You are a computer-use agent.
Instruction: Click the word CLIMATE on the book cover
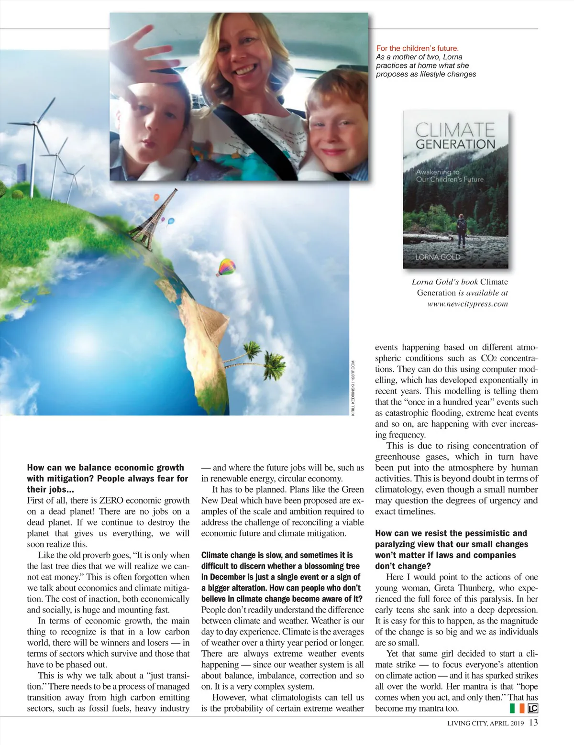(x=455, y=130)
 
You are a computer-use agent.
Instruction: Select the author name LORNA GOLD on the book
(x=438, y=257)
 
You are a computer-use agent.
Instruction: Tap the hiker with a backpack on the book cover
(x=462, y=230)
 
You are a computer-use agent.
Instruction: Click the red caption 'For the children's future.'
(x=417, y=48)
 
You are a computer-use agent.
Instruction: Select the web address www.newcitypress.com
(x=467, y=304)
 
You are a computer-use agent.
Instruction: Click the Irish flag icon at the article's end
(x=517, y=708)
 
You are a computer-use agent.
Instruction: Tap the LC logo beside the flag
(x=532, y=708)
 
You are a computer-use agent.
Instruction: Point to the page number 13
(x=533, y=723)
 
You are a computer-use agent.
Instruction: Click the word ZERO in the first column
(x=111, y=501)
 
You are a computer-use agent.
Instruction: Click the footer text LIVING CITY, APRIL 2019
(x=485, y=723)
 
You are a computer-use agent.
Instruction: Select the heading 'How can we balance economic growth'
(x=105, y=468)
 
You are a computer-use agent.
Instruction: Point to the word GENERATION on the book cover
(x=455, y=144)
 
